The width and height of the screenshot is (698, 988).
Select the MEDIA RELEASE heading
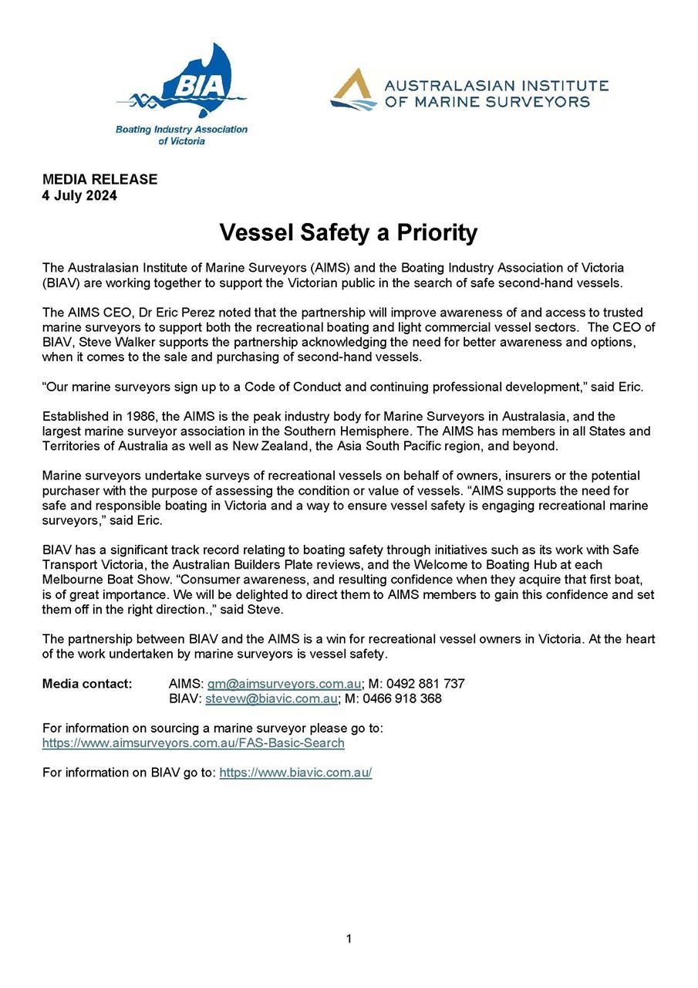tap(99, 179)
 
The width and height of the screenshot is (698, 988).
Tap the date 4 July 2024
tap(79, 195)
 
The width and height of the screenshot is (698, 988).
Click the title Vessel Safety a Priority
tap(349, 232)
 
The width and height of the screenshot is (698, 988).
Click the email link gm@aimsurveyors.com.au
tap(284, 684)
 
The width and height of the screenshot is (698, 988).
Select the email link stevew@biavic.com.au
tap(271, 699)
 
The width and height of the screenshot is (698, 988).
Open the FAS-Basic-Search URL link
tap(193, 743)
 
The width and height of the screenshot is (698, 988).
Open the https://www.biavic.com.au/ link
tap(295, 773)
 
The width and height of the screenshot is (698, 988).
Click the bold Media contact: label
tap(87, 684)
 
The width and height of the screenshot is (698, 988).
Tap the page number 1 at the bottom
tap(349, 939)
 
